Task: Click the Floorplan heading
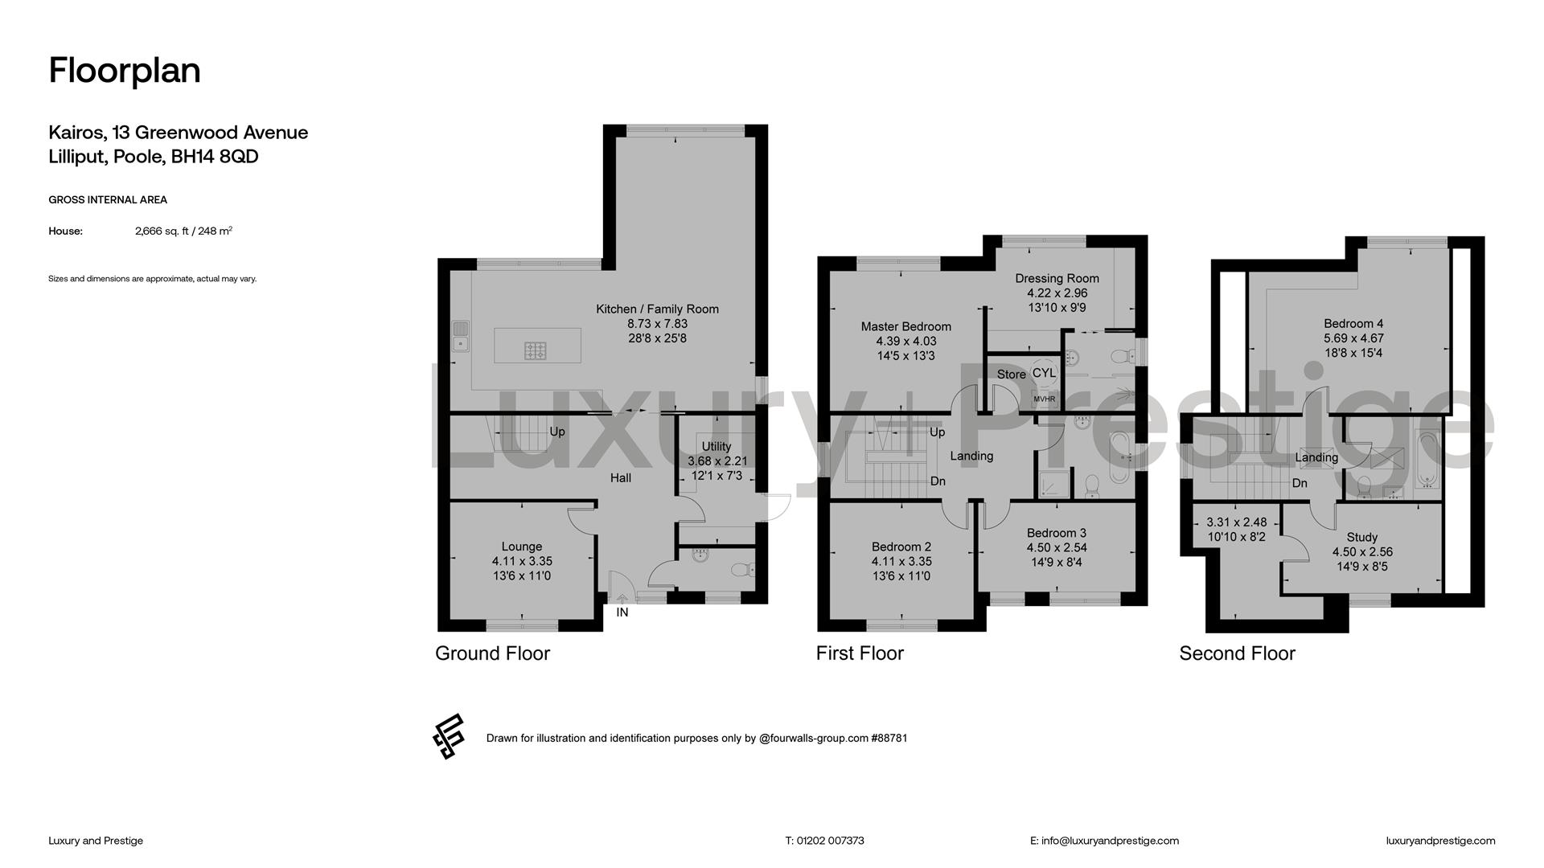[125, 71]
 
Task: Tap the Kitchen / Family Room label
[657, 309]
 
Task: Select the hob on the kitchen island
[536, 350]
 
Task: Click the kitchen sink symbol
[461, 336]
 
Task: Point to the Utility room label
[717, 447]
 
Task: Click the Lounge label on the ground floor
[522, 547]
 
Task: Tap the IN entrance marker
[622, 612]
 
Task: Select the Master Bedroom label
[906, 326]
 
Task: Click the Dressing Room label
[1057, 279]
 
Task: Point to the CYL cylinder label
[1044, 373]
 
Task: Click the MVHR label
[1044, 399]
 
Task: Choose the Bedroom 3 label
[1057, 533]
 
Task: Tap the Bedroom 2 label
[901, 547]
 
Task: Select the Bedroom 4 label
[1353, 324]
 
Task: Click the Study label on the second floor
[1362, 537]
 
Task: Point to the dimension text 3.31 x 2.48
[1237, 522]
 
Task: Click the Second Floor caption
[1237, 653]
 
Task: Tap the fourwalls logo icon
[449, 736]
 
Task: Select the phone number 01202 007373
[831, 841]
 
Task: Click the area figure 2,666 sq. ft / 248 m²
[183, 231]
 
